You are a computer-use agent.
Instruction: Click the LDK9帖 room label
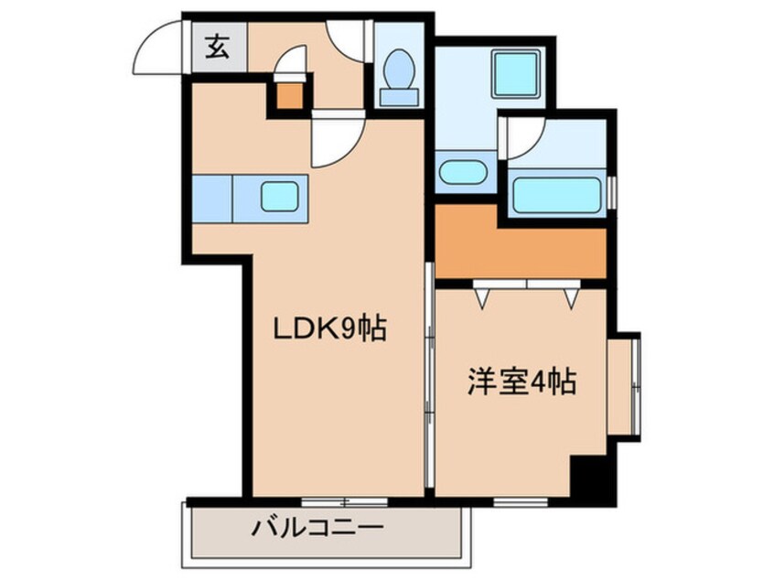point(328,327)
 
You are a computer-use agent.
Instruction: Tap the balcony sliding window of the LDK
point(344,500)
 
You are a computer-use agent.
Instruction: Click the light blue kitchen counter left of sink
point(211,198)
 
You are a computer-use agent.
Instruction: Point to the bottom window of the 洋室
point(521,500)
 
